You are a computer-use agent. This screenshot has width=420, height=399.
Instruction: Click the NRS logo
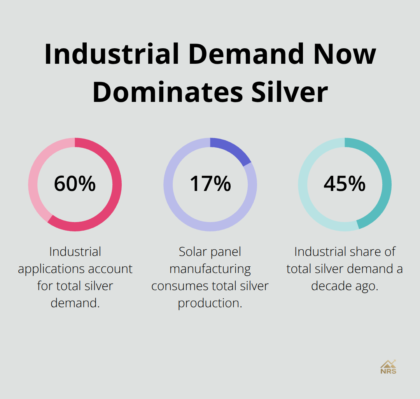click(388, 367)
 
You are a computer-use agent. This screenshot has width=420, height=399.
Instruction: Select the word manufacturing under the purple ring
click(210, 269)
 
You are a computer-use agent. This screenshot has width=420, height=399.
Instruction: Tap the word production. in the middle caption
click(210, 303)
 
